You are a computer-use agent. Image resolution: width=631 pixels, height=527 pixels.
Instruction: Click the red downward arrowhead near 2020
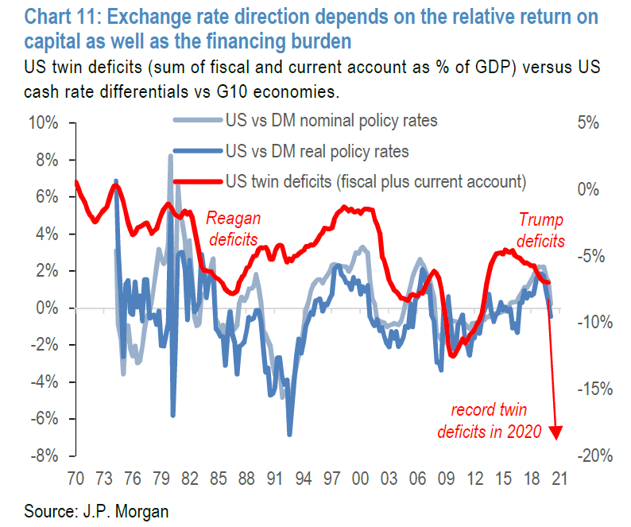(x=556, y=432)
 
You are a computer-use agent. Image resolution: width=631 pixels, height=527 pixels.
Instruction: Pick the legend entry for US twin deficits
(x=375, y=180)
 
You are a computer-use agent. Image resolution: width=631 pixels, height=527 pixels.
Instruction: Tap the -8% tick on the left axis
(x=43, y=456)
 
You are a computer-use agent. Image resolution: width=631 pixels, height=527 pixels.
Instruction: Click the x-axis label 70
(x=75, y=479)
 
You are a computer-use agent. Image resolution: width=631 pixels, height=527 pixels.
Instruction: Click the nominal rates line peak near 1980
(x=171, y=157)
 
